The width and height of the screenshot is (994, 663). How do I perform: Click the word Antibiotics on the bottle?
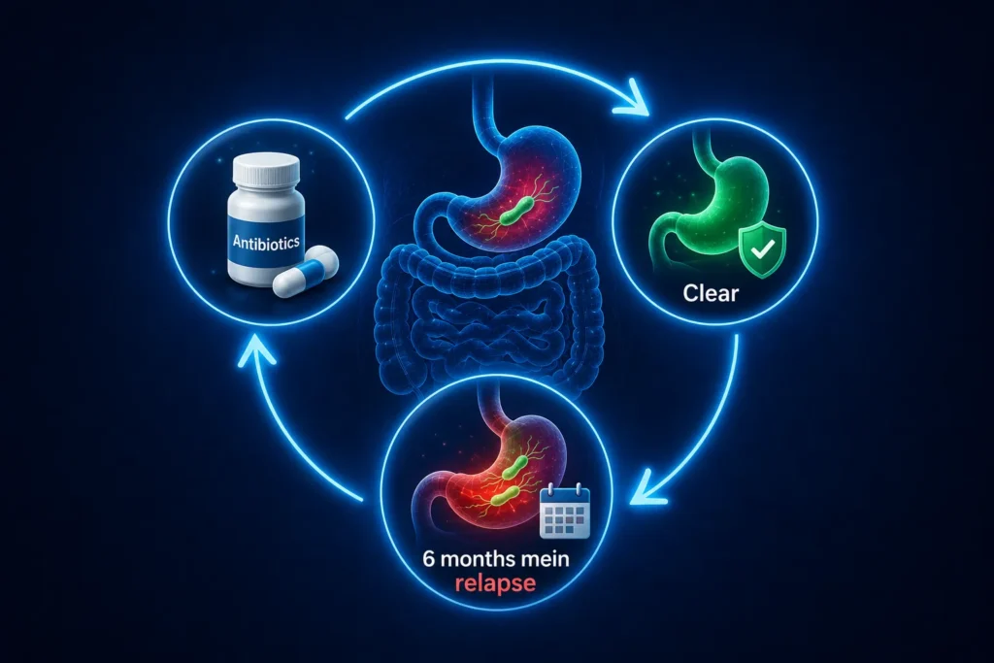pyautogui.click(x=266, y=241)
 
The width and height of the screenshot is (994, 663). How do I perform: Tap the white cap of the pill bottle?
pyautogui.click(x=266, y=170)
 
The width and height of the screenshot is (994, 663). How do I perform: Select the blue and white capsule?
pyautogui.click(x=306, y=271)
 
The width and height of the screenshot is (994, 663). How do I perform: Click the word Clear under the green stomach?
pyautogui.click(x=711, y=293)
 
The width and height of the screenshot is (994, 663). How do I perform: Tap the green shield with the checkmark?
pyautogui.click(x=763, y=251)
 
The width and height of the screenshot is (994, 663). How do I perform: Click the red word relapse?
pyautogui.click(x=495, y=583)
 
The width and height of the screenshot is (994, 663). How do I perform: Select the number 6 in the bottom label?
pyautogui.click(x=428, y=560)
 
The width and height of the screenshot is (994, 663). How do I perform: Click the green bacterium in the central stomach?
pyautogui.click(x=514, y=211)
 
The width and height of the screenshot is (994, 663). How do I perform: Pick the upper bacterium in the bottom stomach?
pyautogui.click(x=514, y=467)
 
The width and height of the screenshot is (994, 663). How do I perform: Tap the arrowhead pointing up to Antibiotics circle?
pyautogui.click(x=255, y=350)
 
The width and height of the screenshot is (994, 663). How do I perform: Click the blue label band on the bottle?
pyautogui.click(x=265, y=242)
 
